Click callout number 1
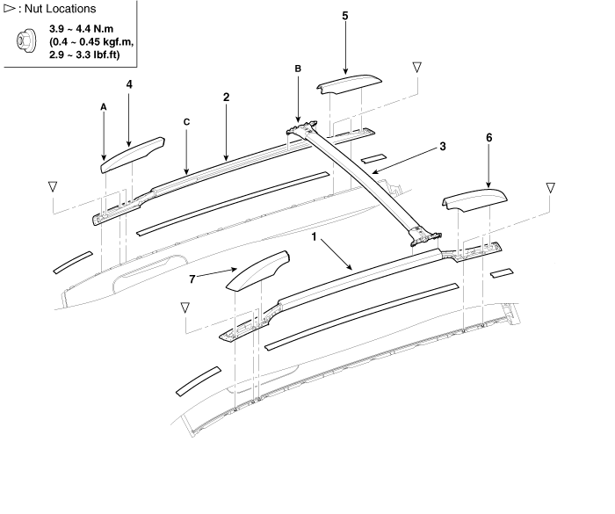(313, 236)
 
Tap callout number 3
(443, 147)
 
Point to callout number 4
(129, 84)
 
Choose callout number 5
(344, 16)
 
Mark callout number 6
(489, 138)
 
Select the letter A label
(104, 105)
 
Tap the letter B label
(298, 68)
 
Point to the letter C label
(186, 122)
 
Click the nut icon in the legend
(25, 40)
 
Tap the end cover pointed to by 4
(134, 150)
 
